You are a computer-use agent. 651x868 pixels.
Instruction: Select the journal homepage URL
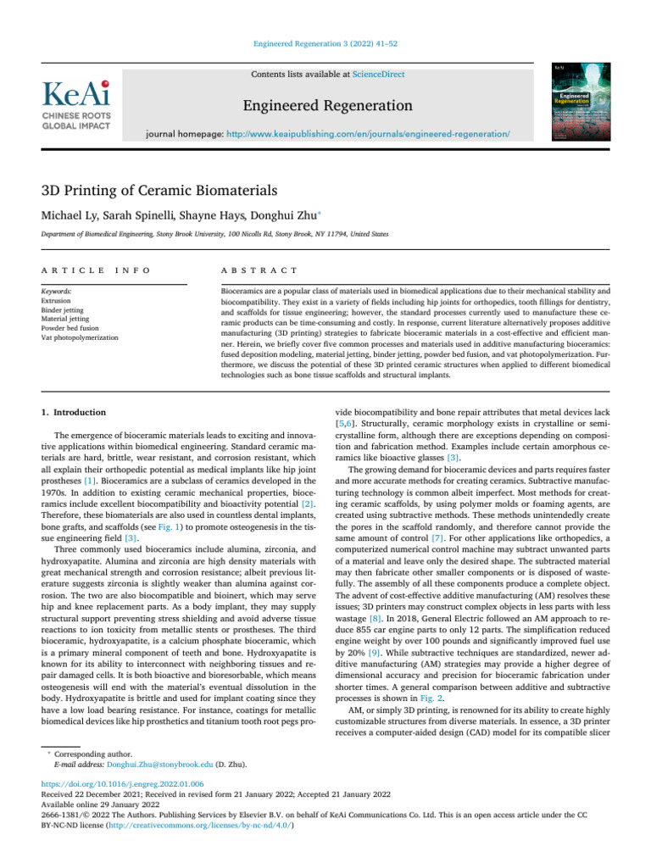click(x=374, y=135)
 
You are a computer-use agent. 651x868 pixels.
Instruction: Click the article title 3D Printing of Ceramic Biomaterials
click(x=158, y=191)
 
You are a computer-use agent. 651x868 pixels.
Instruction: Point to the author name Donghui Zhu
click(x=267, y=214)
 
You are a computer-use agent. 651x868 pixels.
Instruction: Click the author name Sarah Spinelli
click(x=144, y=214)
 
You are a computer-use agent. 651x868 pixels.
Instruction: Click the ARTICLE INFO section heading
click(x=97, y=270)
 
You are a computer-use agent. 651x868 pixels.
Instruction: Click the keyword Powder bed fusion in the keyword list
click(x=70, y=328)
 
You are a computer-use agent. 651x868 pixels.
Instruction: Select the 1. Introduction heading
click(x=74, y=412)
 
